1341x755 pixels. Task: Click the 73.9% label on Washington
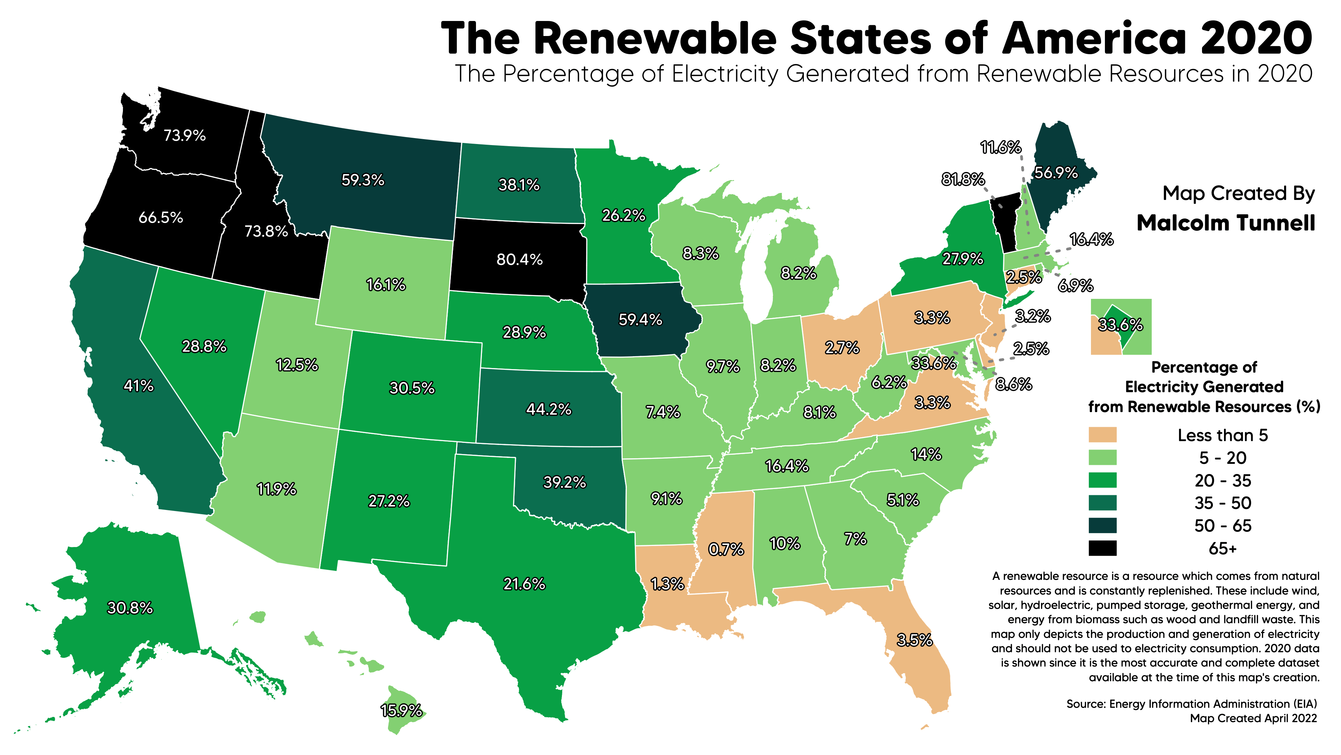coord(185,136)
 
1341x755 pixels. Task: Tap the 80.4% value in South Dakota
coord(520,259)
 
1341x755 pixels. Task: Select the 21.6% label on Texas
coord(524,584)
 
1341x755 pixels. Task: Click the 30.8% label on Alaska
coord(130,608)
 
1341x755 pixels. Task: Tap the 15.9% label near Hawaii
coord(401,710)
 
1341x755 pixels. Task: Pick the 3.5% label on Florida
coord(915,640)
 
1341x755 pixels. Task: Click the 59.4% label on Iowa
coord(640,319)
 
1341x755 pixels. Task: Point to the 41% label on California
coord(139,386)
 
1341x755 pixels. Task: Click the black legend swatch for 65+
coord(1102,548)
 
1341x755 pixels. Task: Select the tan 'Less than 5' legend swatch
coord(1102,434)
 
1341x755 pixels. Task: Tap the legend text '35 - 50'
coord(1223,503)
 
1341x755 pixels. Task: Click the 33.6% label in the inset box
coord(1120,325)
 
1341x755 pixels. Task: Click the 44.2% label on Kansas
coord(549,409)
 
